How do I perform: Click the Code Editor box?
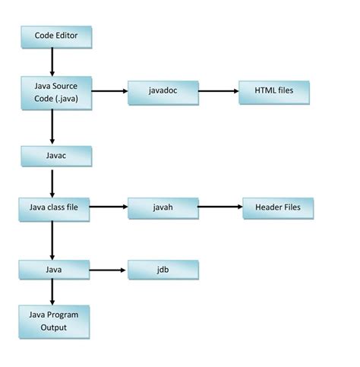point(56,36)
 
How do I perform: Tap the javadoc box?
point(163,91)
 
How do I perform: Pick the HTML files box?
point(273,91)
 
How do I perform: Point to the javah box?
point(163,207)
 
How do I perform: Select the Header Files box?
point(278,207)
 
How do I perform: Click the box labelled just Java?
point(54,268)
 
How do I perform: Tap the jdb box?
point(163,268)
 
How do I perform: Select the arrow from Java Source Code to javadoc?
point(108,91)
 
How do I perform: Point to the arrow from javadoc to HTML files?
point(219,91)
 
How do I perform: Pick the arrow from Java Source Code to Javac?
point(52,126)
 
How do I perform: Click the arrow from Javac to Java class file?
point(52,182)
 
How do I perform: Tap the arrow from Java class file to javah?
point(108,207)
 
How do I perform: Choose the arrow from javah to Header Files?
point(220,207)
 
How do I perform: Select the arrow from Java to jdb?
point(108,269)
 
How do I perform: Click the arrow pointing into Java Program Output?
point(52,292)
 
